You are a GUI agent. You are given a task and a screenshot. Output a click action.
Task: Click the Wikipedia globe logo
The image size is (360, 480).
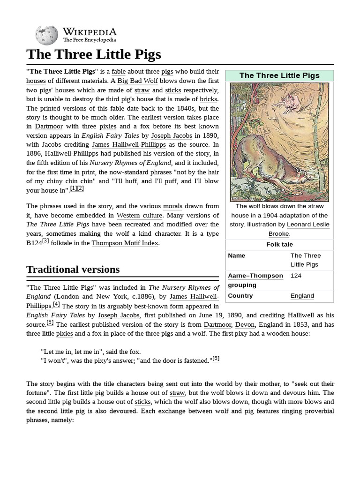46,35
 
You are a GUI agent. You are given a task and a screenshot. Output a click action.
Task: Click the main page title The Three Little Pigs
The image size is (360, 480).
94,54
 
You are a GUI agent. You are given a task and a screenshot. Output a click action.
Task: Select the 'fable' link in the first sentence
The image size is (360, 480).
119,72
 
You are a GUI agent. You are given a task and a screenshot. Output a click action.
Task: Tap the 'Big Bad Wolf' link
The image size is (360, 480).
137,81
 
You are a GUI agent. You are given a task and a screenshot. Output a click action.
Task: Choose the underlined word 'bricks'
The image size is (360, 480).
209,99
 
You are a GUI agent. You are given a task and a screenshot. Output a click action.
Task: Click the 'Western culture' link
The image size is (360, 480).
139,215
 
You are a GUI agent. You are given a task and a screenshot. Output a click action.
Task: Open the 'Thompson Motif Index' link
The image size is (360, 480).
125,243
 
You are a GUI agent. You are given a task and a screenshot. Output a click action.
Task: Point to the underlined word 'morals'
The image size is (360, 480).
172,206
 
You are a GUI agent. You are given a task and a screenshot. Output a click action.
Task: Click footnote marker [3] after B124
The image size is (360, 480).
45,241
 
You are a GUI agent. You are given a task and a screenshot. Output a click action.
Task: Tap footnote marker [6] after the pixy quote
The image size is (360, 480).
216,359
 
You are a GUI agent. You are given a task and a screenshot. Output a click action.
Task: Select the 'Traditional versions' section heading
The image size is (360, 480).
73,270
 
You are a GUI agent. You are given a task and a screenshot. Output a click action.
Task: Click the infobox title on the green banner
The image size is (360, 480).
279,75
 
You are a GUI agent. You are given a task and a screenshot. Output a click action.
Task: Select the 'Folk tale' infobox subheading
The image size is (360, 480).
279,244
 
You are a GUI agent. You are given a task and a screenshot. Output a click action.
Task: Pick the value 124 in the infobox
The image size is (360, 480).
296,276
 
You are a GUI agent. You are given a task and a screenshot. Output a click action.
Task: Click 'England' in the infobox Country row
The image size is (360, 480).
302,296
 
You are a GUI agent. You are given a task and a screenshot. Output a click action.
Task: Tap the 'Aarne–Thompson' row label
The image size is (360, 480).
255,276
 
